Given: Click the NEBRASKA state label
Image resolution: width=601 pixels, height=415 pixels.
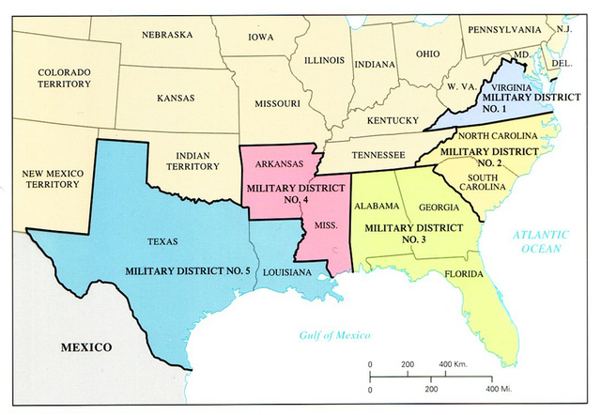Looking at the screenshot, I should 168,36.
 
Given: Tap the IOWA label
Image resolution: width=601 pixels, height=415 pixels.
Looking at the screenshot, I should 261,38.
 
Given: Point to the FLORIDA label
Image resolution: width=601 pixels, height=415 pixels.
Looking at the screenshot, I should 464,274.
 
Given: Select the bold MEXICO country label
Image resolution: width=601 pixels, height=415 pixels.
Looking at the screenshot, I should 86,347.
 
